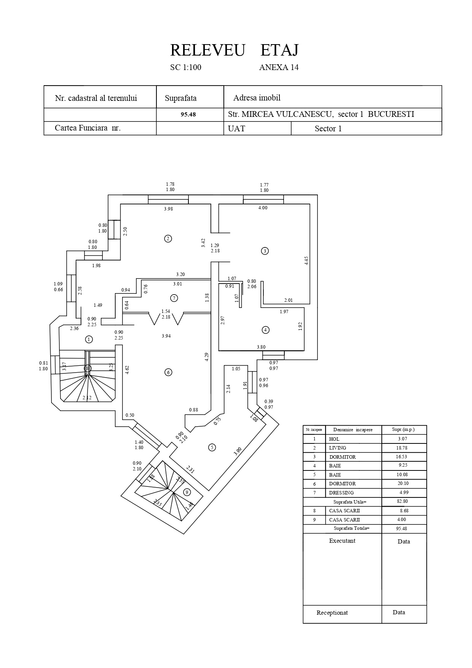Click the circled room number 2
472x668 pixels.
pos(168,239)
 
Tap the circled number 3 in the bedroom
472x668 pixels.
pos(265,251)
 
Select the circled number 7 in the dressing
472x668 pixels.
pos(174,298)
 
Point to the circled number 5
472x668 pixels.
pos(212,448)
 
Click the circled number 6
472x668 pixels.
pos(168,372)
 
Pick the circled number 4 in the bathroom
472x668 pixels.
pos(266,330)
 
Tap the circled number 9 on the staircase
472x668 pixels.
pos(187,492)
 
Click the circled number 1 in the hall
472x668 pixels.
pos(89,339)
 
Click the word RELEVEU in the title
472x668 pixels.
pos(207,50)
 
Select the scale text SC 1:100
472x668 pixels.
pos(186,68)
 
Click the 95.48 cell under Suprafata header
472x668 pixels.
pos(188,114)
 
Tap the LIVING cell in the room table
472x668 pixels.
pos(338,448)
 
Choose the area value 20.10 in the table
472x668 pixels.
pos(403,483)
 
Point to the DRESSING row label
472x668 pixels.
pos(341,493)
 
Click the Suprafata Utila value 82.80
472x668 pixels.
pos(402,501)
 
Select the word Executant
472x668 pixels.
pos(342,541)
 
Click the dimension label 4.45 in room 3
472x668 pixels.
pos(306,261)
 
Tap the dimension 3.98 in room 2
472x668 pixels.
pos(168,209)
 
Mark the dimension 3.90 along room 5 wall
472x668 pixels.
pos(238,451)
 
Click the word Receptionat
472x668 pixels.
pos(332,613)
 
